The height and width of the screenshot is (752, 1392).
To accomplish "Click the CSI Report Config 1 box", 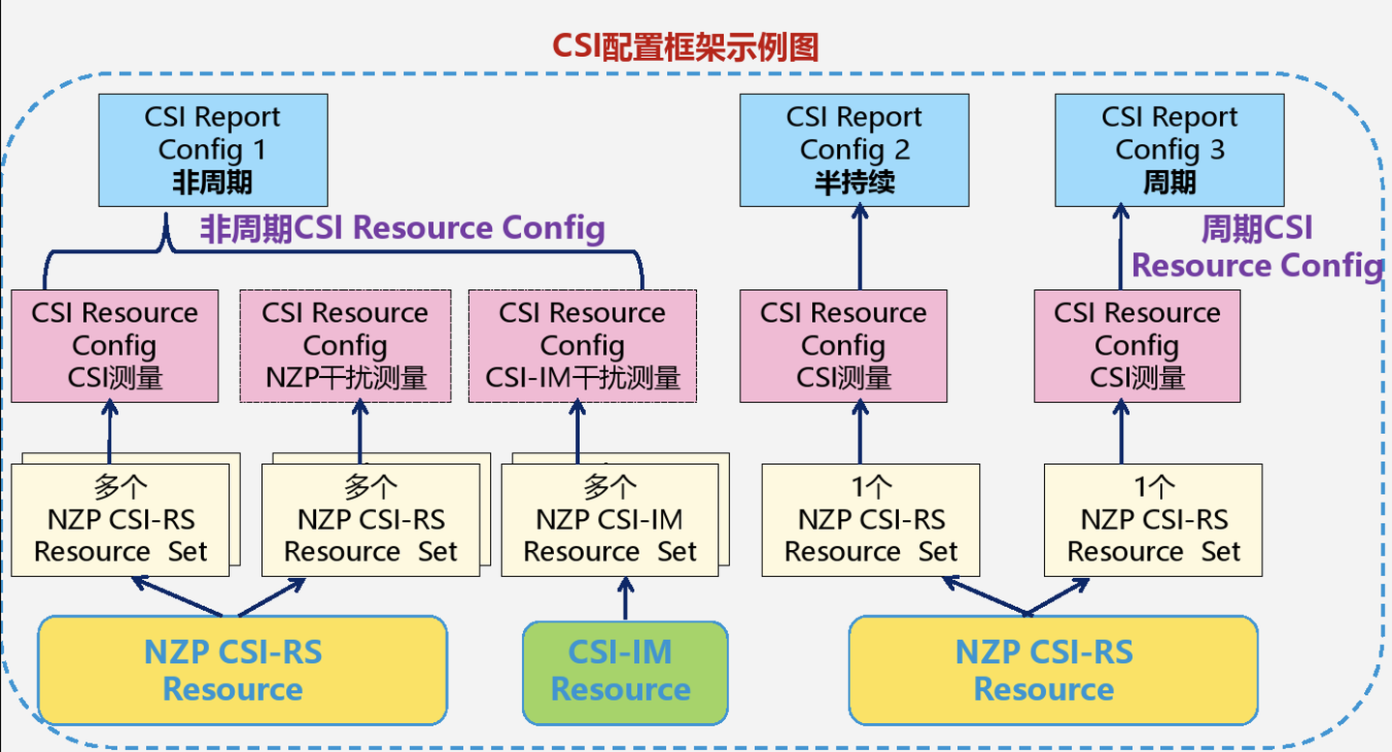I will pos(213,149).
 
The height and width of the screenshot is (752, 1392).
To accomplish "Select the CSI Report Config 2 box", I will pos(855,149).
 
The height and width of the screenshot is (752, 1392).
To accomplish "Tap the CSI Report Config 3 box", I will pos(1169,149).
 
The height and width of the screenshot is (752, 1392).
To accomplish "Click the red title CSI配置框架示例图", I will pos(685,45).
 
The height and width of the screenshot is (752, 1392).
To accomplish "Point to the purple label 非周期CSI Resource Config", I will pos(402,229).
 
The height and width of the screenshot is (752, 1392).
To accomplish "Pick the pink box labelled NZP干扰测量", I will pos(345,345).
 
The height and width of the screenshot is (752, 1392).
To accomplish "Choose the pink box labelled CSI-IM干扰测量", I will pos(582,345).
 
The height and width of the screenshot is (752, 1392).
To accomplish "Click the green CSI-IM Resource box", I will pos(624,672).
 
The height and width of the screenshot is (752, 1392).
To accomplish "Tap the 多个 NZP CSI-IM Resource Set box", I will pos(610,520).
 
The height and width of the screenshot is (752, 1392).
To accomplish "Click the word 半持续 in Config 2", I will pos(855,183).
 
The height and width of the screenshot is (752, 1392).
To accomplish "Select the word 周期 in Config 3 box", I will pos(1169,183).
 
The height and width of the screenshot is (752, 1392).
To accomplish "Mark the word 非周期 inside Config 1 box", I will pos(213,183).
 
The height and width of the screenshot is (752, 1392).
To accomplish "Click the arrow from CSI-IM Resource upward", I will pos(624,599).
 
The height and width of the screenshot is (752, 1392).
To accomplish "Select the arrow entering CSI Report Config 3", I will pos(1121,246).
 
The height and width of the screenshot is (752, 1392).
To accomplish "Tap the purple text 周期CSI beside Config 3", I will pos(1257,229).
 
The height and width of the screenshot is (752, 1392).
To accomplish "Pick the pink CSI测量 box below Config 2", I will pos(843,345).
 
